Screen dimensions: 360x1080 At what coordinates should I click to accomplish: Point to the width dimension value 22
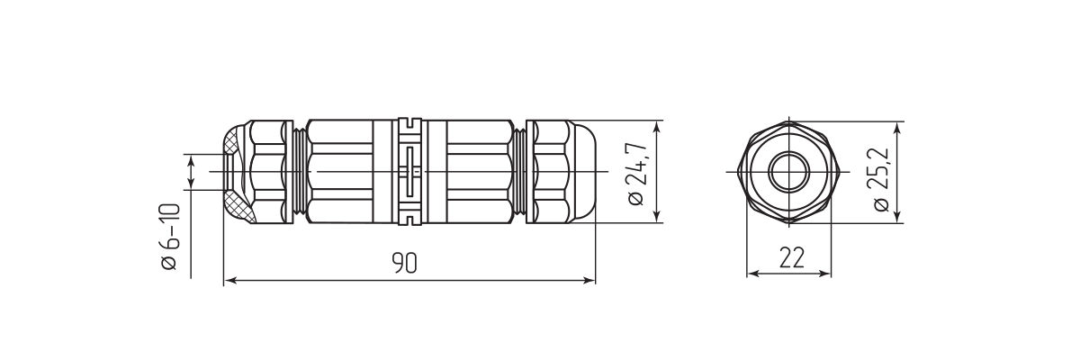click(x=790, y=258)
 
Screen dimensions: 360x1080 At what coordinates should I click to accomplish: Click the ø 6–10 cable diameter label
click(x=169, y=237)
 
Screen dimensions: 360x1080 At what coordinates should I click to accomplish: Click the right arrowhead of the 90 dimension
click(x=590, y=281)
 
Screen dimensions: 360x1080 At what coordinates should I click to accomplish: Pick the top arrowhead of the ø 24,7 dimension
click(x=660, y=126)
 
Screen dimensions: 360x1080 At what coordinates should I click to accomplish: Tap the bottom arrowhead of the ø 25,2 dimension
click(x=900, y=216)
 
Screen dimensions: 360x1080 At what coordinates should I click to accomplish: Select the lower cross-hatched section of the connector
click(x=235, y=205)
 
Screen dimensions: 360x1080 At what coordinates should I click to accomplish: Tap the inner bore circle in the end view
click(x=789, y=171)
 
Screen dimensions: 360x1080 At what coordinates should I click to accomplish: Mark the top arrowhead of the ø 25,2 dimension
click(x=900, y=127)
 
